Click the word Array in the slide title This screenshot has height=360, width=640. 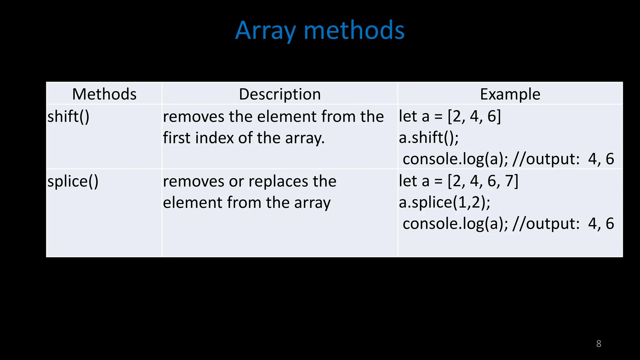pos(265,31)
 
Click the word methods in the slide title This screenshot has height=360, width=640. pos(354,31)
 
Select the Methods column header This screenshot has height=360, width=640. pos(104,94)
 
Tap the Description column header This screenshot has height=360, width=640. pos(280,94)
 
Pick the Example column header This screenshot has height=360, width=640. pos(510,94)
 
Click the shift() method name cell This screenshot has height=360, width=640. pos(68,117)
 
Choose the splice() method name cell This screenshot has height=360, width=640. pos(73,181)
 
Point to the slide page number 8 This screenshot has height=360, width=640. pos(598,344)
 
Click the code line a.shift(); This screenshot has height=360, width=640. pos(429,138)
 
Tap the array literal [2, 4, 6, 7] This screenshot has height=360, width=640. pos(483,181)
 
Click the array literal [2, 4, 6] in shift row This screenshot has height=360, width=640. pos(474,116)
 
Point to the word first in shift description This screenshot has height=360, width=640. pos(177,138)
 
